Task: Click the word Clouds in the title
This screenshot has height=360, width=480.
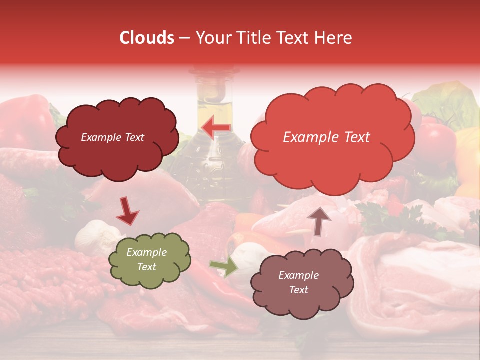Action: [147, 38]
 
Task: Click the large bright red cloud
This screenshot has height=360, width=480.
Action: [332, 160]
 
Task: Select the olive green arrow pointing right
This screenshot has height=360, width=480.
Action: [224, 267]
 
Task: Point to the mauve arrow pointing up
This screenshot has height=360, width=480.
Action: [319, 221]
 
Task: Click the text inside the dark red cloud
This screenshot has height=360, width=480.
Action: [113, 137]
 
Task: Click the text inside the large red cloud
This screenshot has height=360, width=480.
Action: [326, 137]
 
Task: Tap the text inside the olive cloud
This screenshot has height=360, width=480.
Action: [146, 259]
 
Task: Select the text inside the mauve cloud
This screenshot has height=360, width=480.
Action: [298, 282]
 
